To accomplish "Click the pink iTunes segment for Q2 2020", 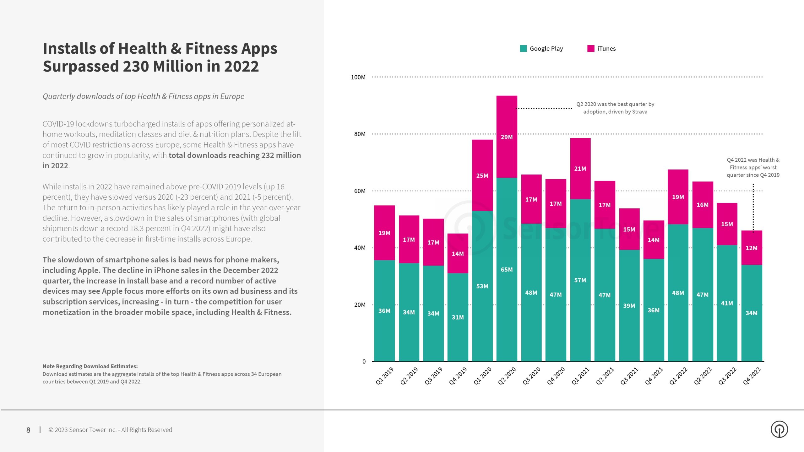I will [x=507, y=137].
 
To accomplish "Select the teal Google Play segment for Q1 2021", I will [x=580, y=280].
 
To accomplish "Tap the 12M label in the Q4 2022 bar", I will [x=751, y=248].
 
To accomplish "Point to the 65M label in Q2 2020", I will [x=507, y=270].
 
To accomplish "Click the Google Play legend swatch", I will [x=523, y=49].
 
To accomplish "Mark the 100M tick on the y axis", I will [x=358, y=77].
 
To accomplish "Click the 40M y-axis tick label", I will [x=360, y=248].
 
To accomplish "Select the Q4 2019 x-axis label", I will [x=458, y=376].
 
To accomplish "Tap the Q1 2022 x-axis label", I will [x=678, y=376].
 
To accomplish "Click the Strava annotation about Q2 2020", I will [x=615, y=108].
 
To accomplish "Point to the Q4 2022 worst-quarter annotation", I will [x=753, y=167].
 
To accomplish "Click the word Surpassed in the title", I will [x=80, y=67].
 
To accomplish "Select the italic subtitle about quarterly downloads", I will [x=143, y=96].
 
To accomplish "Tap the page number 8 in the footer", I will [x=28, y=430].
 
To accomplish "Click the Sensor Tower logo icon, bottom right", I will [x=779, y=429].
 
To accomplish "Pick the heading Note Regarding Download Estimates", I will [x=90, y=366].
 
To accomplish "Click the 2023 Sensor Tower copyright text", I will [x=110, y=430].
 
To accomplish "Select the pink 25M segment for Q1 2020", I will [x=482, y=175].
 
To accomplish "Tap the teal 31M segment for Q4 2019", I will [x=458, y=317].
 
